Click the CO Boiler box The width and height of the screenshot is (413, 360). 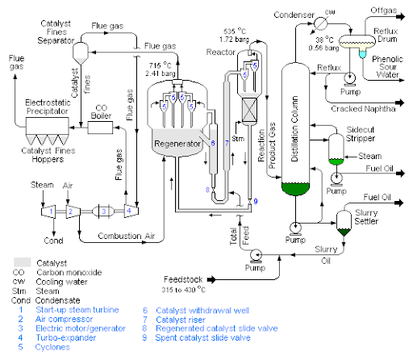click(100, 128)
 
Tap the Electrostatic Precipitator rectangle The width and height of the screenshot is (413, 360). click(47, 126)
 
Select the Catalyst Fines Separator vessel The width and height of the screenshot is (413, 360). click(81, 53)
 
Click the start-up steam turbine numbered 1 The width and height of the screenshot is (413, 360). click(48, 211)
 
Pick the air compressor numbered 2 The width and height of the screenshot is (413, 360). click(73, 211)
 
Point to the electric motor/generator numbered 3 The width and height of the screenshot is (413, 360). click(103, 211)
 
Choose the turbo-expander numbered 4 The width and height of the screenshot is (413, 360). click(131, 211)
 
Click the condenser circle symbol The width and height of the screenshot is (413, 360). click(321, 23)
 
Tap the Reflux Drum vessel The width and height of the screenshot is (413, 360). click(357, 42)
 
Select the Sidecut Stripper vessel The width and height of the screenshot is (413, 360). click(336, 149)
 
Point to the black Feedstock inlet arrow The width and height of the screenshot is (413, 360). click(211, 280)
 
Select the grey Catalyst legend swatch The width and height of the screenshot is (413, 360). click(22, 262)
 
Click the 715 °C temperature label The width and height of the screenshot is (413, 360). click(161, 65)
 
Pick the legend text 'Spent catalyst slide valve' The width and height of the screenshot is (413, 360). click(203, 338)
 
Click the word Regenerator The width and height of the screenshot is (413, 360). click(177, 144)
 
